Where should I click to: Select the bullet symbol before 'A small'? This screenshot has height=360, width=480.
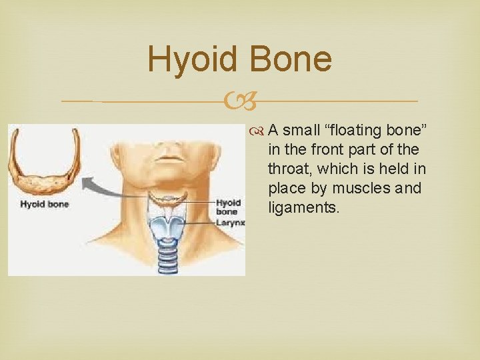point(258,131)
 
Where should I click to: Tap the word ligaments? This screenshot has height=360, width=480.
point(303,207)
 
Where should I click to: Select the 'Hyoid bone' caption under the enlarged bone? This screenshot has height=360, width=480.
point(44,204)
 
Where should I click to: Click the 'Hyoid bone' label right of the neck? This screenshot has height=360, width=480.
point(228,207)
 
